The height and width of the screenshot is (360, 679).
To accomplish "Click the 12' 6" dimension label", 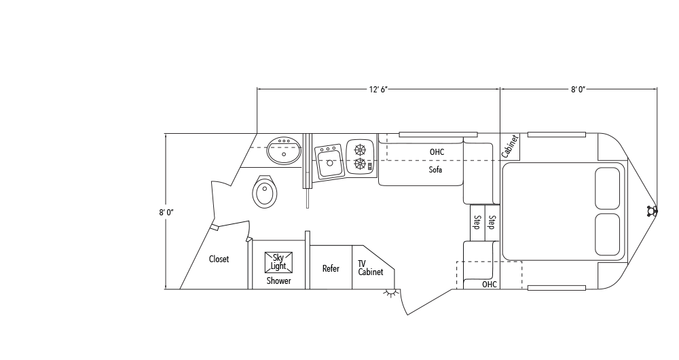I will tap(378, 89).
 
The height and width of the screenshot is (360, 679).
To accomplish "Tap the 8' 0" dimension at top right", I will tap(578, 89).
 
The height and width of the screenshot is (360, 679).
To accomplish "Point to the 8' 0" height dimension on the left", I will tap(166, 212).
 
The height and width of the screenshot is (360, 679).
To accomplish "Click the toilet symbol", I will tap(265, 192).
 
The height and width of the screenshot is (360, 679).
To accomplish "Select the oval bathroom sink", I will tap(284, 150).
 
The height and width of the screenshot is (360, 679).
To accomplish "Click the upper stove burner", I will tap(361, 149).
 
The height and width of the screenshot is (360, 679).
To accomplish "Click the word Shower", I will tap(278, 281).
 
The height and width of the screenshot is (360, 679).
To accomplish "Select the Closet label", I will tap(219, 259).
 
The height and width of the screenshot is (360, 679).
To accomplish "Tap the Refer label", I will tap(331, 268).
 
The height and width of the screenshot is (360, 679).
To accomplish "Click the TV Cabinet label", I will tap(370, 268).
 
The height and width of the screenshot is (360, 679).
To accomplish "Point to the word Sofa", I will tap(435, 170).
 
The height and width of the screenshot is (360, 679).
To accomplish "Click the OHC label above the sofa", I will tap(437, 151).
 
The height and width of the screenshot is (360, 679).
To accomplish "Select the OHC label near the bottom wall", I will tap(489, 284).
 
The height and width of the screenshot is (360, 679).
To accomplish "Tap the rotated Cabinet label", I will tap(510, 146).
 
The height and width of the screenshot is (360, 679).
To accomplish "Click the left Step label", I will tap(477, 222).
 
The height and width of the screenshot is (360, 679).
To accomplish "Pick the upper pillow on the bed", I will tap(607, 188).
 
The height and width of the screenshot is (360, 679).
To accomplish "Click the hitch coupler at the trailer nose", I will tap(653, 211).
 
